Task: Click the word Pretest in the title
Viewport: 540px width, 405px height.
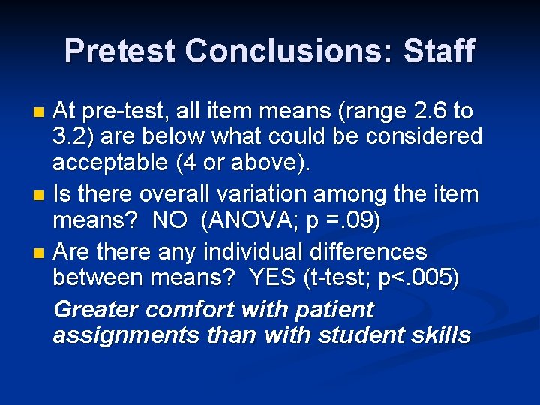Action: coord(120,51)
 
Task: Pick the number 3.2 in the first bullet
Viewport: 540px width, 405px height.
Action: coord(71,137)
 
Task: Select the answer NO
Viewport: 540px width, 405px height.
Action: coord(170,221)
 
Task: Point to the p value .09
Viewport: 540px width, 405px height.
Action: coord(364,221)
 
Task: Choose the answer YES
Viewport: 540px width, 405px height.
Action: coord(273,277)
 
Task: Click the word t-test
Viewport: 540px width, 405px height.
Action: coord(340,277)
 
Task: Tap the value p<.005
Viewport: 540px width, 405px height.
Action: coord(421,277)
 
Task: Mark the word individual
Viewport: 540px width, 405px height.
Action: coord(253,251)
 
